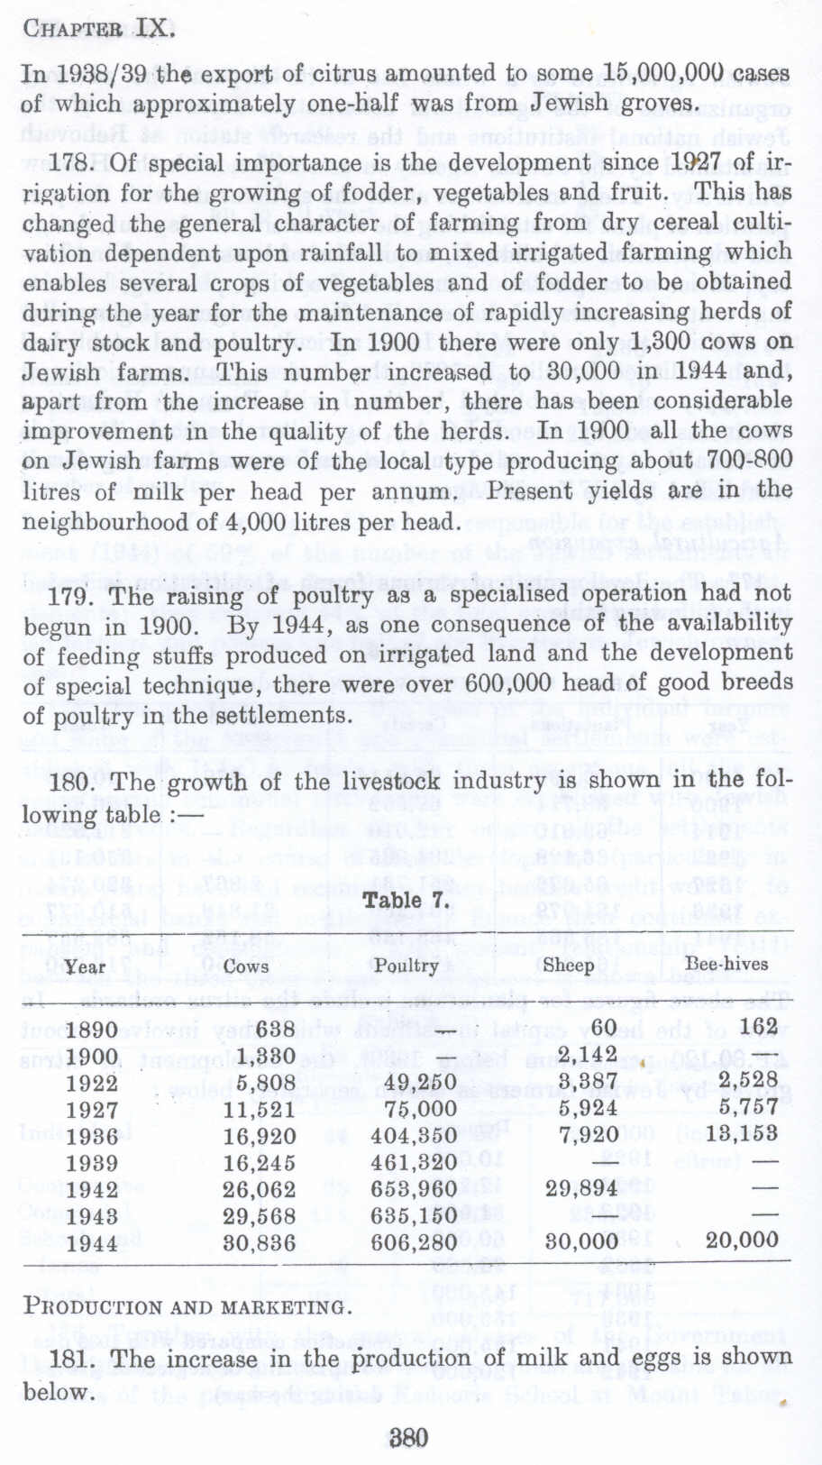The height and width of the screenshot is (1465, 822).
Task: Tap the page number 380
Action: (x=409, y=1437)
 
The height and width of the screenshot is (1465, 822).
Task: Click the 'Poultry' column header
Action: (x=406, y=966)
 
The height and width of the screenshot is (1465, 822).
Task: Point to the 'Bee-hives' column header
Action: (x=726, y=963)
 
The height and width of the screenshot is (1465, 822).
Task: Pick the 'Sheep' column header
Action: (x=569, y=965)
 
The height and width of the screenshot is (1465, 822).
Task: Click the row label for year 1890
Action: (x=92, y=1030)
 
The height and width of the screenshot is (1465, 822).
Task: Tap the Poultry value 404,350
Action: (x=414, y=1135)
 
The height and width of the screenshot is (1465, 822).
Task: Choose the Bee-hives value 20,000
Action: (x=742, y=1241)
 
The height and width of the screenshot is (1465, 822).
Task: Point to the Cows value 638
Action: (x=275, y=1029)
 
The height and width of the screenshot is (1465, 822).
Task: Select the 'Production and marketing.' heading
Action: (x=184, y=1306)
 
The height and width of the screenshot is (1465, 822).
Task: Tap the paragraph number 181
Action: (x=68, y=1359)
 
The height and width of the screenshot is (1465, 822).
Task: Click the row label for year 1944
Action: (x=92, y=1243)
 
